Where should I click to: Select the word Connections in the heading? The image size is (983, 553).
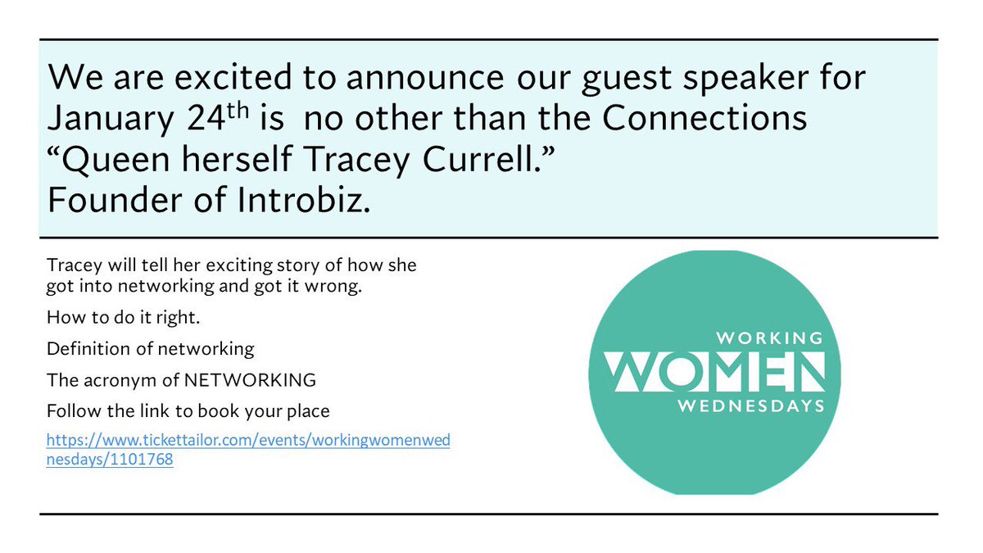tap(705, 119)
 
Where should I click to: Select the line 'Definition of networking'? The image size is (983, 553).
tap(151, 348)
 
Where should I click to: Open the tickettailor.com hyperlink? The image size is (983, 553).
tap(248, 441)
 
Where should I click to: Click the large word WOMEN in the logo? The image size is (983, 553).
tap(713, 370)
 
